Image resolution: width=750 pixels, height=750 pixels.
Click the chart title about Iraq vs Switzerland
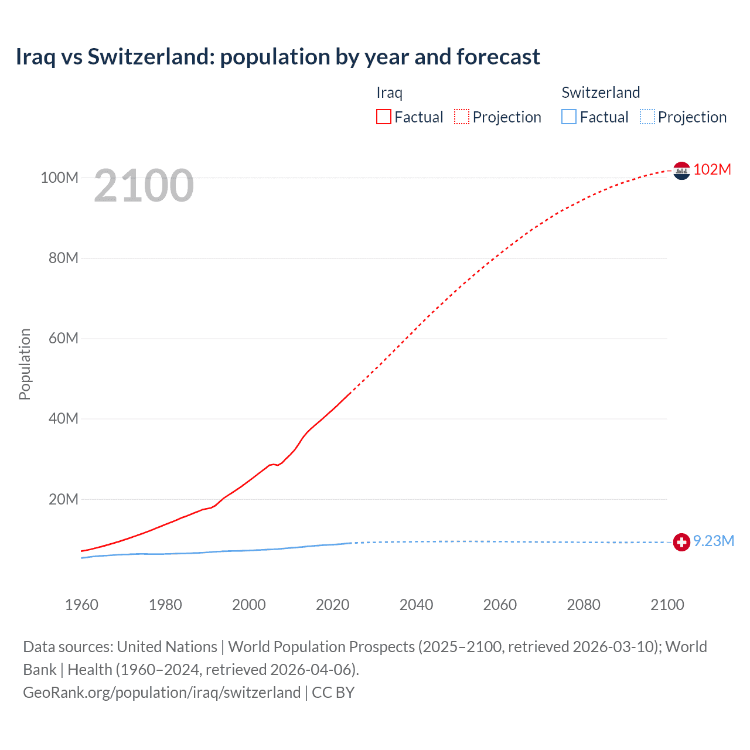(278, 57)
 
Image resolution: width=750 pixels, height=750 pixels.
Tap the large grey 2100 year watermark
(144, 186)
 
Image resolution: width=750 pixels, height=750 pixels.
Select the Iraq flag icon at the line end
(681, 171)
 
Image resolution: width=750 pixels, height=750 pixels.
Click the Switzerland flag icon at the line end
(681, 543)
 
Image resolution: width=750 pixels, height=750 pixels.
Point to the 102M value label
(712, 169)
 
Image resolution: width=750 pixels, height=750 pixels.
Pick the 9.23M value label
(714, 541)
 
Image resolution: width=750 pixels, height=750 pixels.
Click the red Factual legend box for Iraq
(384, 117)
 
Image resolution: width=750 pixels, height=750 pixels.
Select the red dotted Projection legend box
(462, 117)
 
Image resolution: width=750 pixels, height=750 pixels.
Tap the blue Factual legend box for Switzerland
(569, 117)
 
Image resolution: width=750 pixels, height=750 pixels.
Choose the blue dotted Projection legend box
(647, 117)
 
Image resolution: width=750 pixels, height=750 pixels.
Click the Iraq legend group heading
(389, 93)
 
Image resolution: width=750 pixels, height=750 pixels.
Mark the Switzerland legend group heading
(601, 93)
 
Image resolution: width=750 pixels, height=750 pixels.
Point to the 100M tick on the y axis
(59, 178)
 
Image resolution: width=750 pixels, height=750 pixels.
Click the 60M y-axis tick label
(63, 338)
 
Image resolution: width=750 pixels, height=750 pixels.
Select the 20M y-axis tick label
(63, 499)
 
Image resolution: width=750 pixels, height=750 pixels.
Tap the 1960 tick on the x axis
(81, 605)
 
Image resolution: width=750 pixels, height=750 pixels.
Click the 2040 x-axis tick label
(416, 605)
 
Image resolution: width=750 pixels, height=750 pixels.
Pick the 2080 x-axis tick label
(584, 605)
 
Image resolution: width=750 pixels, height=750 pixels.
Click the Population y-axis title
(25, 364)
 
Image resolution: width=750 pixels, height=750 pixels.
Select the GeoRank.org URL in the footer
(162, 693)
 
